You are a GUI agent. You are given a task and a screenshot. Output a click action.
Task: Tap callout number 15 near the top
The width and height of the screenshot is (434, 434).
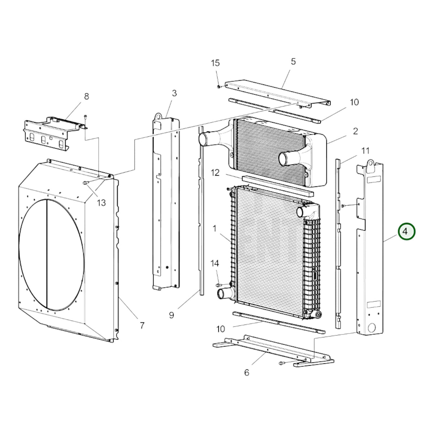point(215,63)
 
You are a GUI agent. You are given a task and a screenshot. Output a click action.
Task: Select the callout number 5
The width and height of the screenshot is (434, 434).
point(293,61)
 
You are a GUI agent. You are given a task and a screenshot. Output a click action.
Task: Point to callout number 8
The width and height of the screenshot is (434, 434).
point(86,97)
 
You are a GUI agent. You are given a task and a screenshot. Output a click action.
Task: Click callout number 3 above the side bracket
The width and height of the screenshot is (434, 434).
point(174,93)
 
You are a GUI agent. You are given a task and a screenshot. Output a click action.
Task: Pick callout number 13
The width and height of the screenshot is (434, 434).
point(101,203)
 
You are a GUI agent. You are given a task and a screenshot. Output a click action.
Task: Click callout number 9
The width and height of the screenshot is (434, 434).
point(172,315)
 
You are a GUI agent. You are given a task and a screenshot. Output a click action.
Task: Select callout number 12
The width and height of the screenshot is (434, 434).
point(215,173)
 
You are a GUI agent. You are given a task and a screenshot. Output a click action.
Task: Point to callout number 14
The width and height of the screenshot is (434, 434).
point(214,263)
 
